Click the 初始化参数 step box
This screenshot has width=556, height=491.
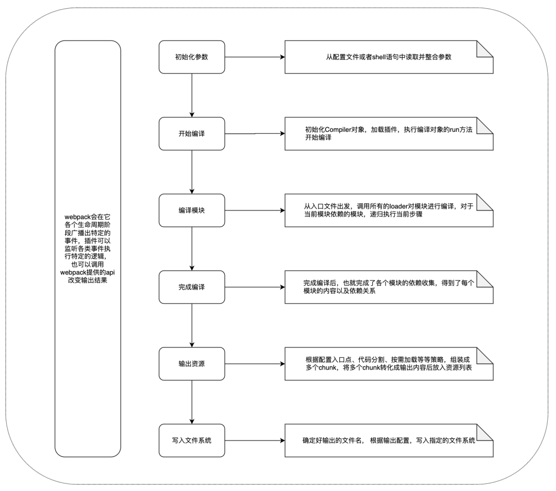tap(192, 57)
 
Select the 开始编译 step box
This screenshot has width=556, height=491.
tap(192, 134)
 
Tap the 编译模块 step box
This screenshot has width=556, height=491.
tap(192, 211)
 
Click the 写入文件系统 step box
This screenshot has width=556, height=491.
tap(192, 441)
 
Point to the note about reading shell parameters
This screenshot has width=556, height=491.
tap(389, 57)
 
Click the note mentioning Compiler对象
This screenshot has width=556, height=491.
tap(389, 134)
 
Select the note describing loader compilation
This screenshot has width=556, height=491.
tap(389, 211)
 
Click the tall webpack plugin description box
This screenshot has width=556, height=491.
tap(88, 249)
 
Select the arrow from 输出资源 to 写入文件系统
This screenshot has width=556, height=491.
tap(192, 402)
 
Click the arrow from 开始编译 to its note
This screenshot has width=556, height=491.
tap(255, 134)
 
